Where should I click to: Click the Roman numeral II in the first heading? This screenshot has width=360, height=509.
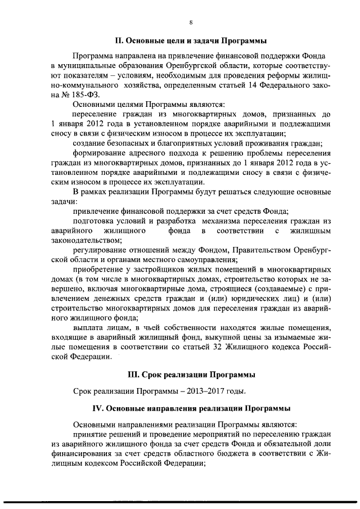click(118, 41)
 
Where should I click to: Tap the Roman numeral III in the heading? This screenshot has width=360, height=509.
click(136, 374)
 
